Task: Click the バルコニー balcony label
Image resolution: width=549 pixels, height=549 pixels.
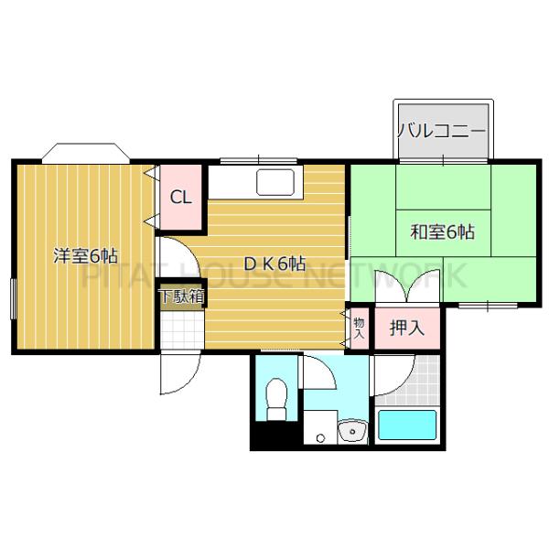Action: click(441, 130)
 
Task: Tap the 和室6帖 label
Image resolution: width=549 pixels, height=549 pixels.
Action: click(441, 231)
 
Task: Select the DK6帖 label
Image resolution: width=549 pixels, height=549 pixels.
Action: click(274, 264)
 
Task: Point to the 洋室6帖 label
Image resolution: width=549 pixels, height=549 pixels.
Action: click(84, 256)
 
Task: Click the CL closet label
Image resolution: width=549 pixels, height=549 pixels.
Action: click(180, 197)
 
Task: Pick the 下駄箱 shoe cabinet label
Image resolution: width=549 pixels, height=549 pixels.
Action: click(181, 296)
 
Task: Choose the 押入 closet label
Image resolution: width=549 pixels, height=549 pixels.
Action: click(407, 327)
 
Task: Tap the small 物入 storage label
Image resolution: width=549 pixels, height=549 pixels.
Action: click(359, 327)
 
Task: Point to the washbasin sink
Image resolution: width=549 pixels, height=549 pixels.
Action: click(350, 431)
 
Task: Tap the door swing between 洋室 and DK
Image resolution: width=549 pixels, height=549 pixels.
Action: click(174, 254)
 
